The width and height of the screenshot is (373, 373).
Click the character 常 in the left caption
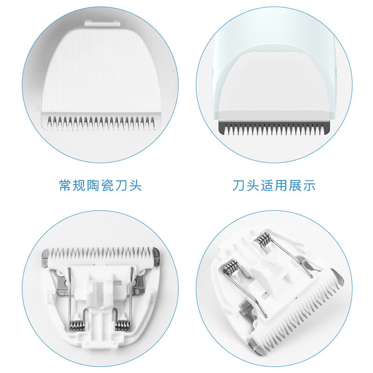click(66, 186)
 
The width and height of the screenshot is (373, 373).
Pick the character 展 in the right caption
click(291, 186)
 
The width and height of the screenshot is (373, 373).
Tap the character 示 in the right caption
click(308, 186)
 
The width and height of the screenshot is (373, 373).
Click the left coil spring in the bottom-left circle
click(76, 325)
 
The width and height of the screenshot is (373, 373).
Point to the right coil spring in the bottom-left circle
click(122, 325)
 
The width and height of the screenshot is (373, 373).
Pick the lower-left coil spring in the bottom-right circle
click(230, 269)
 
